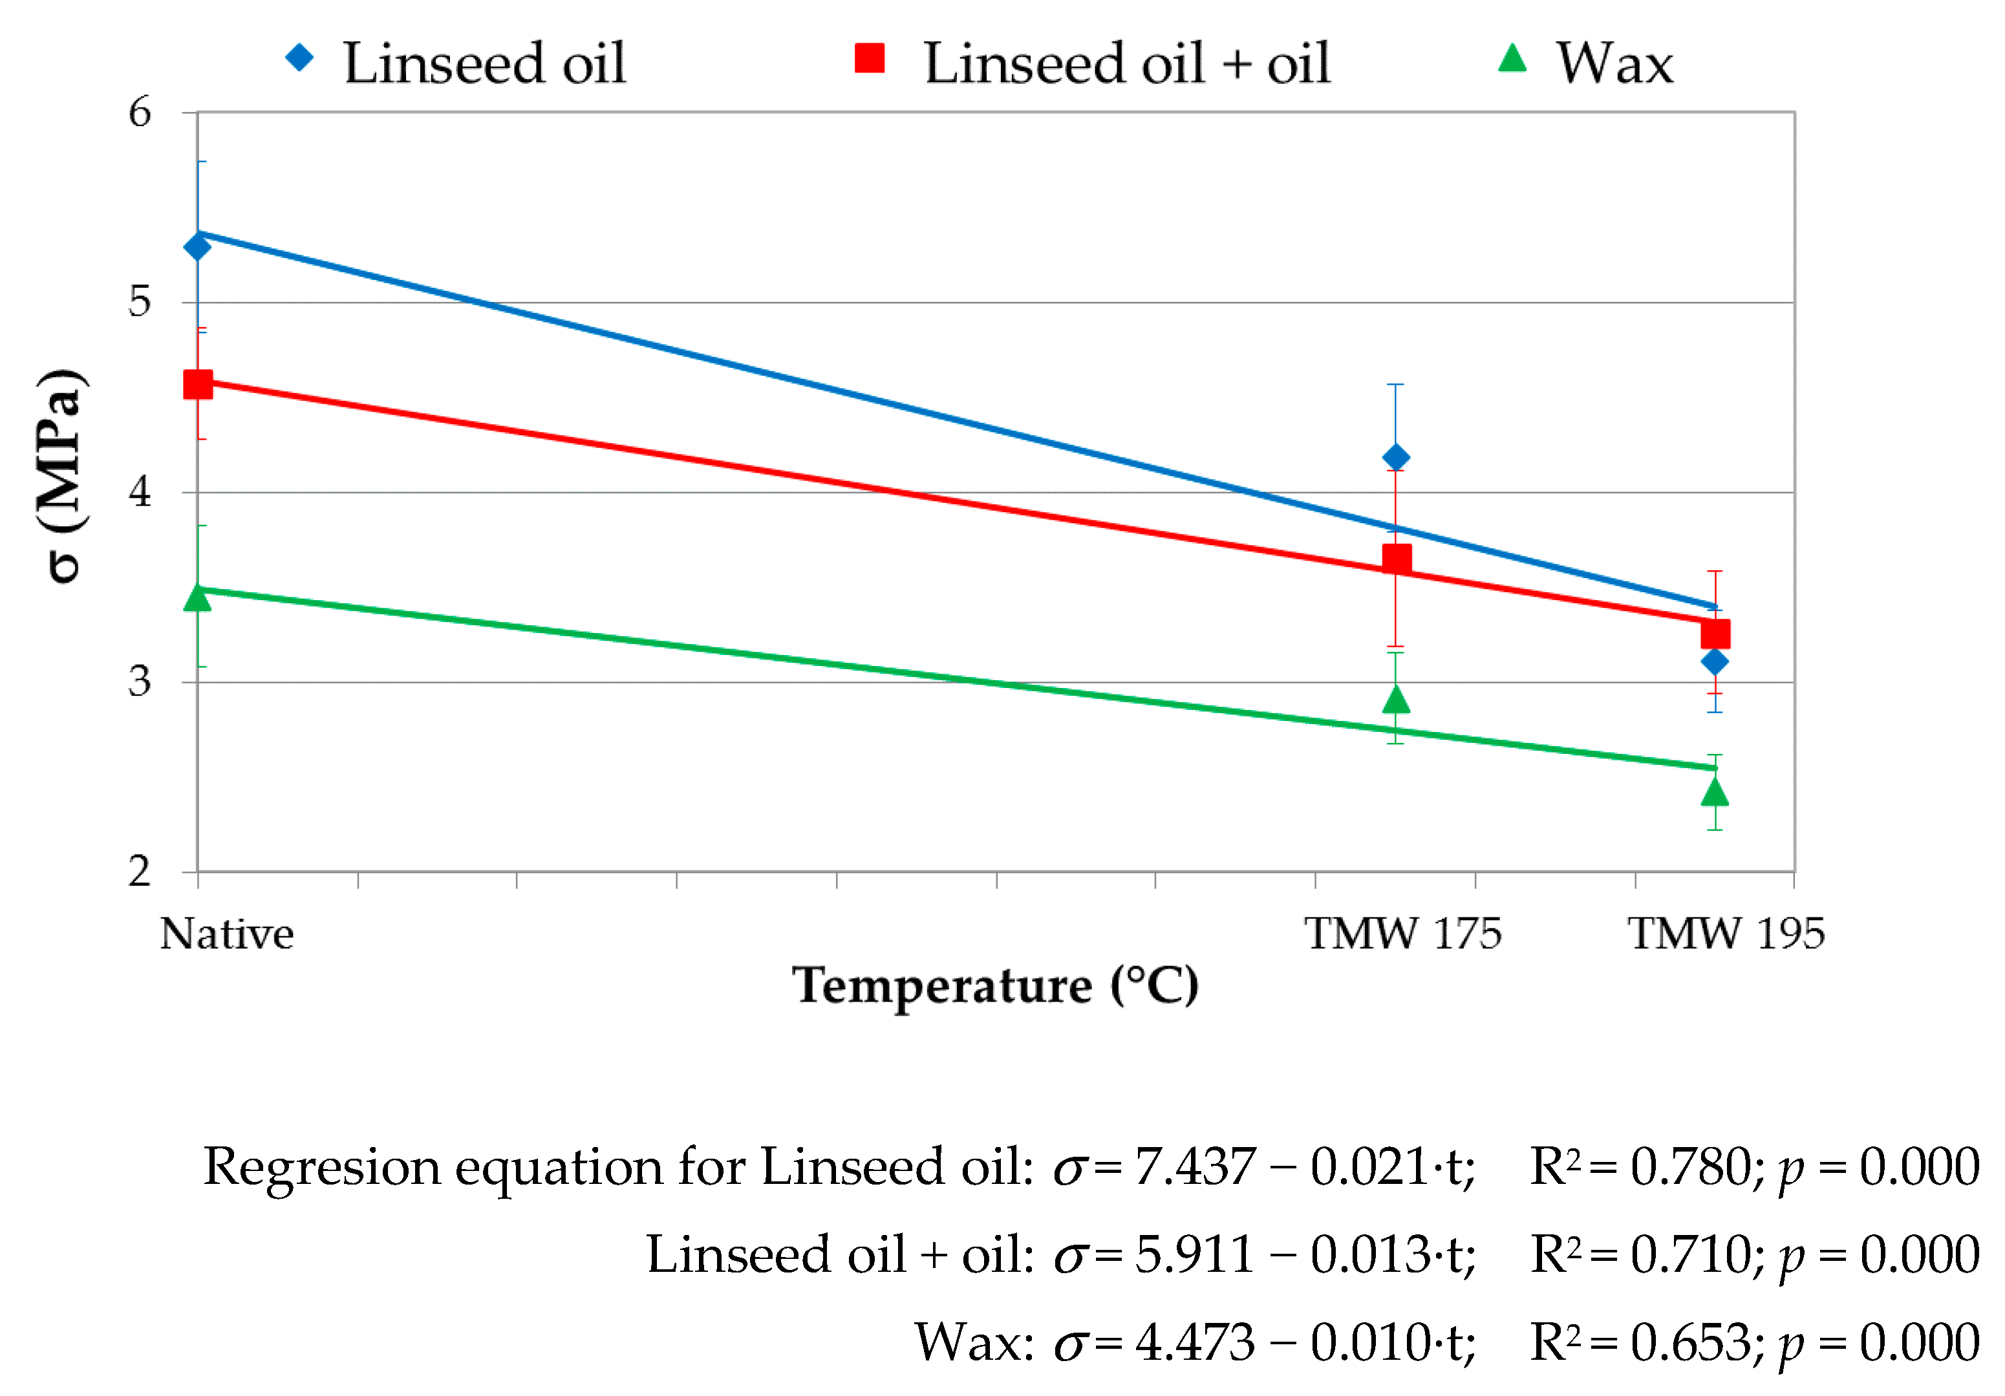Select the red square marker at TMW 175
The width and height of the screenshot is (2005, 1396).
point(1397,559)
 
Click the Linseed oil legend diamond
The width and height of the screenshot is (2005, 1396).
point(299,58)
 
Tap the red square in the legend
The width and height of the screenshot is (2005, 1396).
point(870,58)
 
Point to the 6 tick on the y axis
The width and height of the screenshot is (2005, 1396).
point(140,113)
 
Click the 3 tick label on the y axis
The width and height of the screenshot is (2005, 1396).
point(140,682)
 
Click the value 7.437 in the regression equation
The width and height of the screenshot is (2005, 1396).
point(1195,1167)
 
